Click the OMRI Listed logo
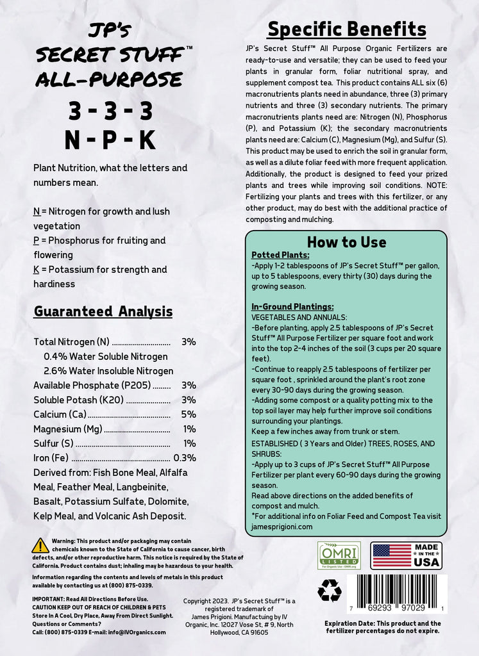pyautogui.click(x=339, y=555)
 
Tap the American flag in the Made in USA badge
pyautogui.click(x=392, y=555)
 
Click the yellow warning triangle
pyautogui.click(x=40, y=545)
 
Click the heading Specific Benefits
pyautogui.click(x=346, y=29)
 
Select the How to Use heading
pyautogui.click(x=346, y=242)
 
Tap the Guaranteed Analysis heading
pyautogui.click(x=103, y=312)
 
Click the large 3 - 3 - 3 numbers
pyautogui.click(x=110, y=111)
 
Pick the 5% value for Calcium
pyautogui.click(x=189, y=414)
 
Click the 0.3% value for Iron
pyautogui.click(x=185, y=458)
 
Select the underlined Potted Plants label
pyautogui.click(x=281, y=255)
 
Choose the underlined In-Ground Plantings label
pyautogui.click(x=292, y=307)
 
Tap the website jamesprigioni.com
pyautogui.click(x=282, y=526)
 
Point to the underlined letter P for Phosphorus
pyautogui.click(x=36, y=241)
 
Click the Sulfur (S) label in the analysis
pyautogui.click(x=53, y=443)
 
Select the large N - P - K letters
pyautogui.click(x=110, y=140)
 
